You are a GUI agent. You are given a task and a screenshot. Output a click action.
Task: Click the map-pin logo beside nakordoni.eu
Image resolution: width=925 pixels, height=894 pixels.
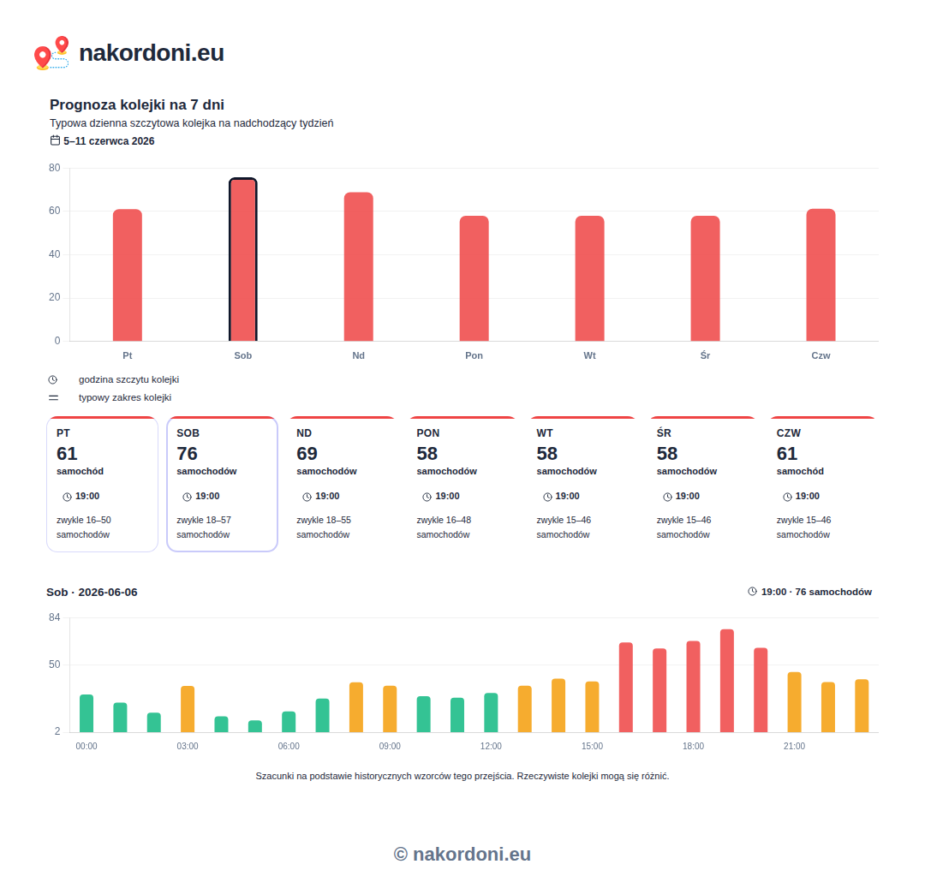click(x=51, y=53)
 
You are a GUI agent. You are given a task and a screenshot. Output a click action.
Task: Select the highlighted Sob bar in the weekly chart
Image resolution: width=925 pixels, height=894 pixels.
click(x=243, y=259)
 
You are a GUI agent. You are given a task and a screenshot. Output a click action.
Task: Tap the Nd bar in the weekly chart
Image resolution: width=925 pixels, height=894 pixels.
click(x=359, y=266)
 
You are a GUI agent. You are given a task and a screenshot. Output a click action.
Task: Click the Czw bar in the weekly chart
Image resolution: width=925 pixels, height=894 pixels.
click(x=821, y=275)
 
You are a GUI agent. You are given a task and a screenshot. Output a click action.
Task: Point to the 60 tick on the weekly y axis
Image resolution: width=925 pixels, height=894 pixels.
click(x=54, y=211)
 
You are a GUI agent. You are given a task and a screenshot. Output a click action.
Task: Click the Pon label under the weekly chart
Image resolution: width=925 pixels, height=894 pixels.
click(x=474, y=355)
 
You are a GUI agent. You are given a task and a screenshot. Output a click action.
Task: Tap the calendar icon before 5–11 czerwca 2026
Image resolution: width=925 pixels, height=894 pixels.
click(x=55, y=140)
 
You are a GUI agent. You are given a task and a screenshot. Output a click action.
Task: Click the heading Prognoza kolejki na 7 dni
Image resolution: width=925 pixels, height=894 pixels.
click(x=137, y=105)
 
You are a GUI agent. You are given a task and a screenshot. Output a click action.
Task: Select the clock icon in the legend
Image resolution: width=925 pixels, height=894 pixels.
click(x=53, y=379)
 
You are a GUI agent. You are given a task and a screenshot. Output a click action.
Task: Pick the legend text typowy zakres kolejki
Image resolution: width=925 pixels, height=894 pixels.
click(x=125, y=397)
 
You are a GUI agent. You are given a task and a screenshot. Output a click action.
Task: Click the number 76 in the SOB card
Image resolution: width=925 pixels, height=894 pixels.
click(x=187, y=454)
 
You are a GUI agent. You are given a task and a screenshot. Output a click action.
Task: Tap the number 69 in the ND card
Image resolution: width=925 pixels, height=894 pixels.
click(x=307, y=454)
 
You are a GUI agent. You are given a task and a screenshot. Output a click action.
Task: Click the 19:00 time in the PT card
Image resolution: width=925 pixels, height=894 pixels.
click(x=87, y=496)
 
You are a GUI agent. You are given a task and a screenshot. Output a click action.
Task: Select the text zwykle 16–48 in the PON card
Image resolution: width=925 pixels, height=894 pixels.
click(x=444, y=520)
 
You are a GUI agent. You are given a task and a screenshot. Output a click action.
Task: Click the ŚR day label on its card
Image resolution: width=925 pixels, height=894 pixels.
click(x=664, y=432)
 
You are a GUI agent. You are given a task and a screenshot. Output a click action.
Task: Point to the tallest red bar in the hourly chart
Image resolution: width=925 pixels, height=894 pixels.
click(x=727, y=681)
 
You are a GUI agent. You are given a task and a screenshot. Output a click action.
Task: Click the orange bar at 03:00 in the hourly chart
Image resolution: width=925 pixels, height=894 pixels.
click(x=188, y=709)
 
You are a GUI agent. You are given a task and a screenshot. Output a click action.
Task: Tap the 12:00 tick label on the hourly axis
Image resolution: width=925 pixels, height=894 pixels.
click(x=491, y=746)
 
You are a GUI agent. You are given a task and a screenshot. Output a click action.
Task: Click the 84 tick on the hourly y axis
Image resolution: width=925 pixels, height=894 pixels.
click(x=54, y=617)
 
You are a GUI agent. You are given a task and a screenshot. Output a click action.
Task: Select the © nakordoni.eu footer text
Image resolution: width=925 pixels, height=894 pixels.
click(x=462, y=854)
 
